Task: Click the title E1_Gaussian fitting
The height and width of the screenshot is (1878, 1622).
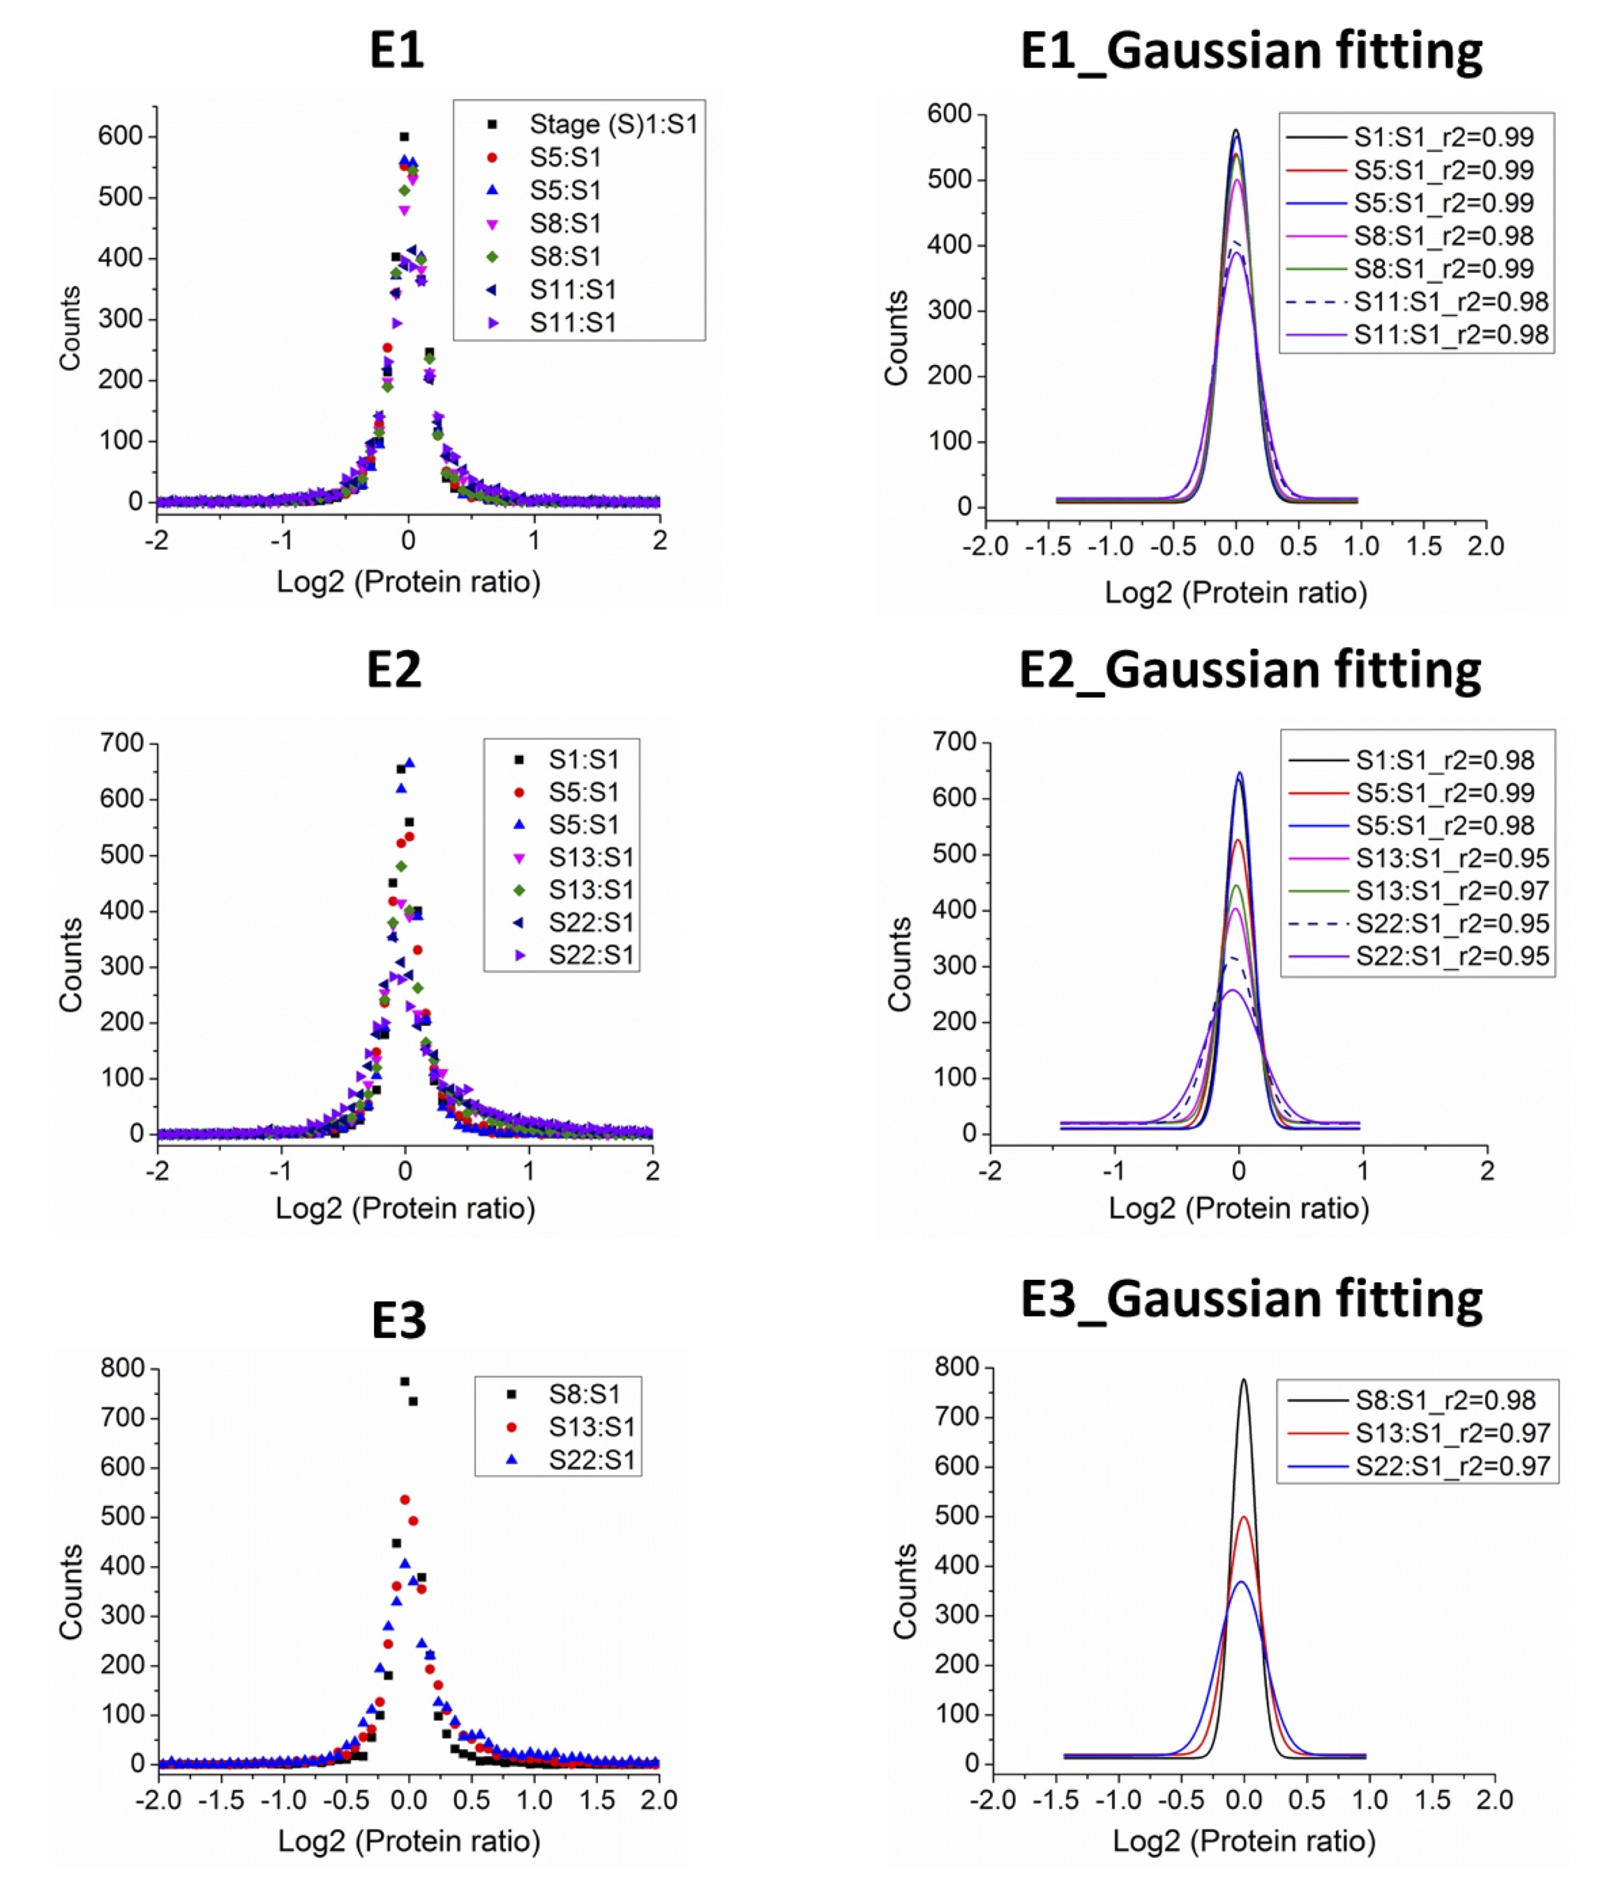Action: click(1250, 51)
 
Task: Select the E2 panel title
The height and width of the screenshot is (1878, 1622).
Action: click(394, 671)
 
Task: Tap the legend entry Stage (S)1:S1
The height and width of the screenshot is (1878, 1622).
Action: click(613, 124)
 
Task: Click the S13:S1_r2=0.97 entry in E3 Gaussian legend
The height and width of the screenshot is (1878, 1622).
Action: click(1452, 1433)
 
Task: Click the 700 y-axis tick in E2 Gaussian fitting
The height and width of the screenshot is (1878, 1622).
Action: click(955, 743)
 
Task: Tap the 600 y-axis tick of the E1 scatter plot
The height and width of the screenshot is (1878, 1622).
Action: click(121, 136)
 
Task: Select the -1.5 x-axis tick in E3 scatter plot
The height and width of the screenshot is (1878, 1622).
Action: click(221, 1799)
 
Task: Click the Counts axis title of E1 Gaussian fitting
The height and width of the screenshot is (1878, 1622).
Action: click(896, 338)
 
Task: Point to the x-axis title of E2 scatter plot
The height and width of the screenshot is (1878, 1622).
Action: click(405, 1208)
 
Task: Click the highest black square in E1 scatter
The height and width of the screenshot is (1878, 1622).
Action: click(404, 137)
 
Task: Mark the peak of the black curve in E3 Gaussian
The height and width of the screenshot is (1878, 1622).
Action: click(1243, 1380)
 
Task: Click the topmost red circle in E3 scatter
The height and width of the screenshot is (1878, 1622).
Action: click(405, 1500)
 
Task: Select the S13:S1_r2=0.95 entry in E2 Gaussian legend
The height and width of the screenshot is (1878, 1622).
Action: click(1452, 858)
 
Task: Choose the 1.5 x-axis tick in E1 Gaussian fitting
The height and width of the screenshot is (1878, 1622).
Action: click(1424, 546)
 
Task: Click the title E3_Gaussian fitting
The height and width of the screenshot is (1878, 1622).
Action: click(1250, 1299)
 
